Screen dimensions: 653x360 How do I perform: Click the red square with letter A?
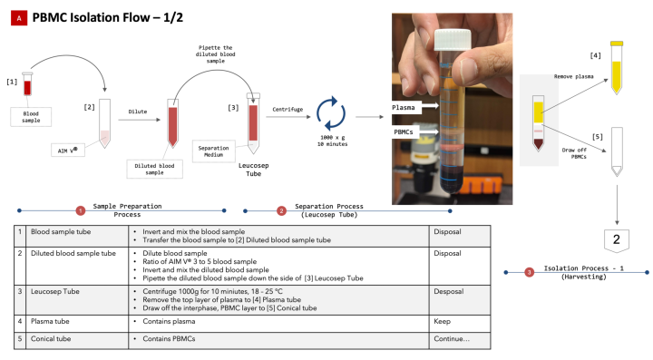19,18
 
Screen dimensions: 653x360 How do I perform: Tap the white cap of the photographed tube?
453,40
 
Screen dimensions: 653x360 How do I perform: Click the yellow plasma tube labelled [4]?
617,67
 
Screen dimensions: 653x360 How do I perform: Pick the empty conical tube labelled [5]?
617,151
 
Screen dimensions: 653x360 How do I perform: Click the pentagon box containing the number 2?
617,240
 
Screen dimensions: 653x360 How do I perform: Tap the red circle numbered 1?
81,210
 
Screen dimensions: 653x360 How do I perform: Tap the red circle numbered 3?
529,273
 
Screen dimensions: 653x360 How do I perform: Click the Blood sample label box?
31,117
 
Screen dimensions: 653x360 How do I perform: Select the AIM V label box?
68,151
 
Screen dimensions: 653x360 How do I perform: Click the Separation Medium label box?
214,151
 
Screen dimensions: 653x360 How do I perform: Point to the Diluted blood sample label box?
154,169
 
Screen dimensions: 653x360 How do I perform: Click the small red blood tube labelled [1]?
27,84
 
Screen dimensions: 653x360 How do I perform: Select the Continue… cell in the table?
460,340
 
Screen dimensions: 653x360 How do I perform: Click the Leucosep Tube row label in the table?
55,291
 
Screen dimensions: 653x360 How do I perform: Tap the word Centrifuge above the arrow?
288,110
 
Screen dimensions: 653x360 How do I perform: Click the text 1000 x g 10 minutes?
332,141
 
